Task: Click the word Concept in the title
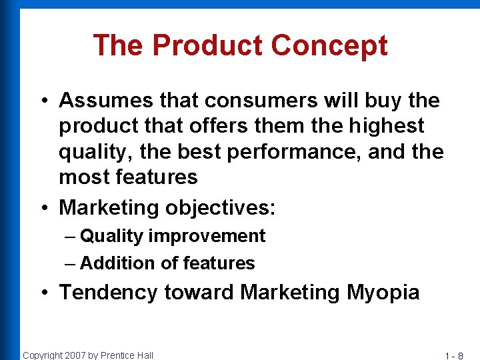tap(329, 45)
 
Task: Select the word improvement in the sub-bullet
tap(207, 236)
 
